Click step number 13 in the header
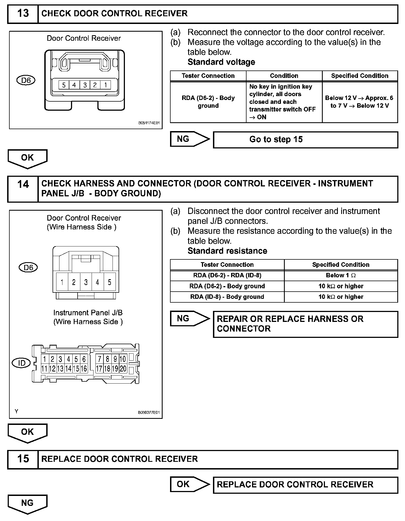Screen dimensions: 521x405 (x=23, y=13)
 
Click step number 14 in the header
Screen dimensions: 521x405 (x=23, y=184)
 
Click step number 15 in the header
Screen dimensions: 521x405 (x=23, y=459)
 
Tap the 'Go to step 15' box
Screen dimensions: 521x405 (x=305, y=140)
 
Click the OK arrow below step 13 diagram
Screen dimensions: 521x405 (x=27, y=158)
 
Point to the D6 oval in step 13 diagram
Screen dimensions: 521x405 (x=26, y=80)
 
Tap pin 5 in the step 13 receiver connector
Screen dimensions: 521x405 (x=64, y=85)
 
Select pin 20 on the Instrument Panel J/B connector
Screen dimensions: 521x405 (x=123, y=368)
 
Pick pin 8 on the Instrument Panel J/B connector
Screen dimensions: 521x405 (x=107, y=359)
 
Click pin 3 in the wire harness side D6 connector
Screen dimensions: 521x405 (x=86, y=282)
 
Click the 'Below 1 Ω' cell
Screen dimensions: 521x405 (x=341, y=275)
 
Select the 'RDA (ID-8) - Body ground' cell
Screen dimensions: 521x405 (x=227, y=297)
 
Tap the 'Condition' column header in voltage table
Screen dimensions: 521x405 (x=284, y=76)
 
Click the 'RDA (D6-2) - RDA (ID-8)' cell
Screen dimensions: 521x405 (x=227, y=275)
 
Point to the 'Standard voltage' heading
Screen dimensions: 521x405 (x=221, y=62)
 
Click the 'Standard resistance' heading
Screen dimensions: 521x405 (x=227, y=251)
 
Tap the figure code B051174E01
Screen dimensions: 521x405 (x=149, y=123)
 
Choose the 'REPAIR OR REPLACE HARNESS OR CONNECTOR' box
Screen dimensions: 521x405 (x=305, y=324)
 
